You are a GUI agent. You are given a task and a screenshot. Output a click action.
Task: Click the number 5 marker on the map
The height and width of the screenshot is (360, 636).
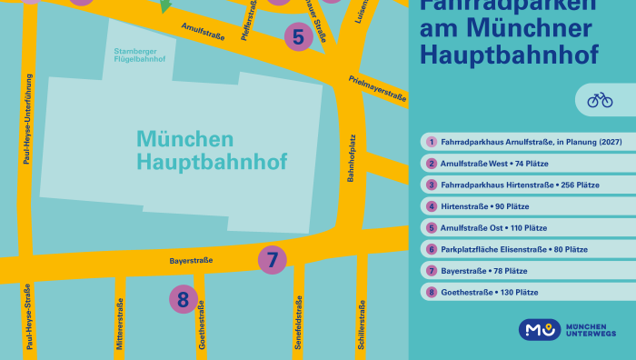[x=298, y=37]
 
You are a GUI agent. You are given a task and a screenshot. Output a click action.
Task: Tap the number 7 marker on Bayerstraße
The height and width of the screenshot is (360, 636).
[x=272, y=259]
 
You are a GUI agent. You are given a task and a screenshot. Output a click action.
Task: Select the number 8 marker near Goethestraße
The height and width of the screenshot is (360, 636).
[x=183, y=298]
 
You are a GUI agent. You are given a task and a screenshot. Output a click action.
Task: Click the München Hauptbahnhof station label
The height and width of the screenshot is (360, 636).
[x=211, y=151]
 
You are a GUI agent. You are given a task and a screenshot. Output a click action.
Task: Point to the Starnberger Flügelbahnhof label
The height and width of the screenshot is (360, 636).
[x=140, y=55]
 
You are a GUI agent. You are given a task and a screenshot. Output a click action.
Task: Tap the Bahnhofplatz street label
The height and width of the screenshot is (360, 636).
[x=351, y=160]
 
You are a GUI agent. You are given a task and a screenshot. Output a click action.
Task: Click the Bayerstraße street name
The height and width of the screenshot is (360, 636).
[x=191, y=261]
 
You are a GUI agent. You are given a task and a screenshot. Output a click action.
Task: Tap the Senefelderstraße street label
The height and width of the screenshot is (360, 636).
[x=299, y=324]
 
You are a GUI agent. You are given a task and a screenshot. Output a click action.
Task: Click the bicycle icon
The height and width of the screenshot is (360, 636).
[x=600, y=99]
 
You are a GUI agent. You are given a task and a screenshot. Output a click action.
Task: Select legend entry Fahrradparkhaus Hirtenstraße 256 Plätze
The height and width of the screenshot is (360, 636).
[x=520, y=185]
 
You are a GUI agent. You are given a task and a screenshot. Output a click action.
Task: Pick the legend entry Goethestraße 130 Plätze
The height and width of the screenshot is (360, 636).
[x=489, y=292]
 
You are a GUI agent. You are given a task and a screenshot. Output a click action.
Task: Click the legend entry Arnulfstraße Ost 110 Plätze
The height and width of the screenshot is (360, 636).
[x=493, y=227]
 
